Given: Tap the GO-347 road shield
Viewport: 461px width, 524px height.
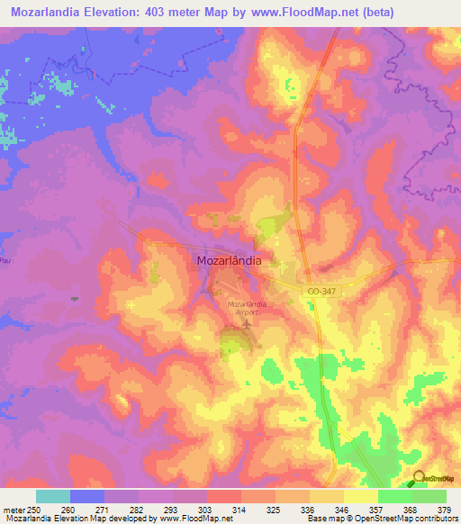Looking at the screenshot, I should [321, 293].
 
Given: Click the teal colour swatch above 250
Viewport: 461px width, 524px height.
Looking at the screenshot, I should [53, 496].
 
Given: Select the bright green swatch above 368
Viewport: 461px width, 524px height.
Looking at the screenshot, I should [394, 496].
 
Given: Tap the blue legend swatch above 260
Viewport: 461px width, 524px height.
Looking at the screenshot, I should [87, 496].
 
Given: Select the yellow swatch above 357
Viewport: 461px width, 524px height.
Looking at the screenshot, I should [360, 496].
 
